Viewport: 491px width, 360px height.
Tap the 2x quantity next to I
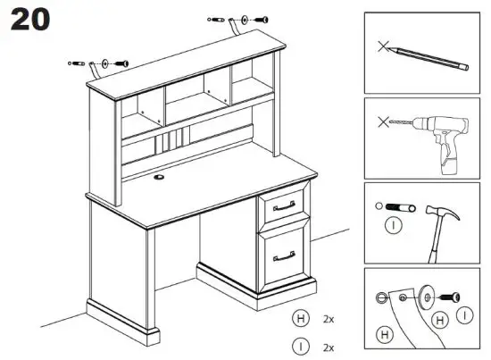tap(328, 346)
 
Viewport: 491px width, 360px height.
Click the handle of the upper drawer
tap(285, 206)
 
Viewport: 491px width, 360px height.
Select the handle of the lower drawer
tap(285, 255)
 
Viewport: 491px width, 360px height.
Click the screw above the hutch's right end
tap(261, 19)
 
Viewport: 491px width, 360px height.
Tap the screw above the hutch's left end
tap(121, 63)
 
